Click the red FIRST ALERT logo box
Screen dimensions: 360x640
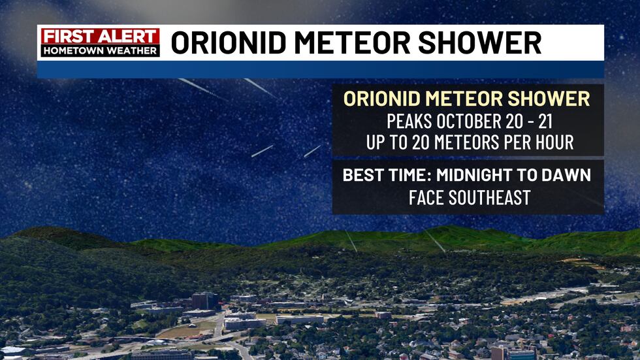click(99, 36)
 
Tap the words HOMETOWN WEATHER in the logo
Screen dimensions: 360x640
click(99, 50)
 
